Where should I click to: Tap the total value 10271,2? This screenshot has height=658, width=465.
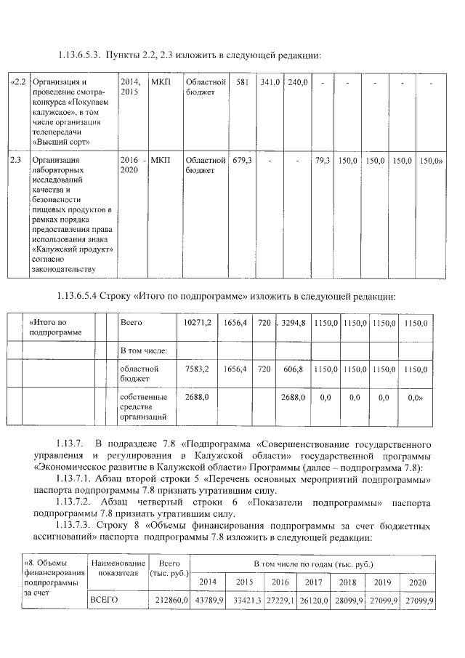pyautogui.click(x=197, y=322)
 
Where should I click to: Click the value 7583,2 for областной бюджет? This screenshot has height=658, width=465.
pyautogui.click(x=197, y=369)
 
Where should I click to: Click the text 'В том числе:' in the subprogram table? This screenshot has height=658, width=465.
pyautogui.click(x=144, y=350)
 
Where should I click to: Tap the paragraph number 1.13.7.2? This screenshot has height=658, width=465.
pyautogui.click(x=75, y=502)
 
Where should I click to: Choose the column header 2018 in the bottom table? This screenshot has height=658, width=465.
pyautogui.click(x=347, y=582)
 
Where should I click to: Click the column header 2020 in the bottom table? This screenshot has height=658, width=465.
pyautogui.click(x=418, y=582)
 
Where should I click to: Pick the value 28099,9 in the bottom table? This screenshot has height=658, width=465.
pyautogui.click(x=347, y=601)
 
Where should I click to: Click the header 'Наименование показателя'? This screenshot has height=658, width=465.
pyautogui.click(x=117, y=567)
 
